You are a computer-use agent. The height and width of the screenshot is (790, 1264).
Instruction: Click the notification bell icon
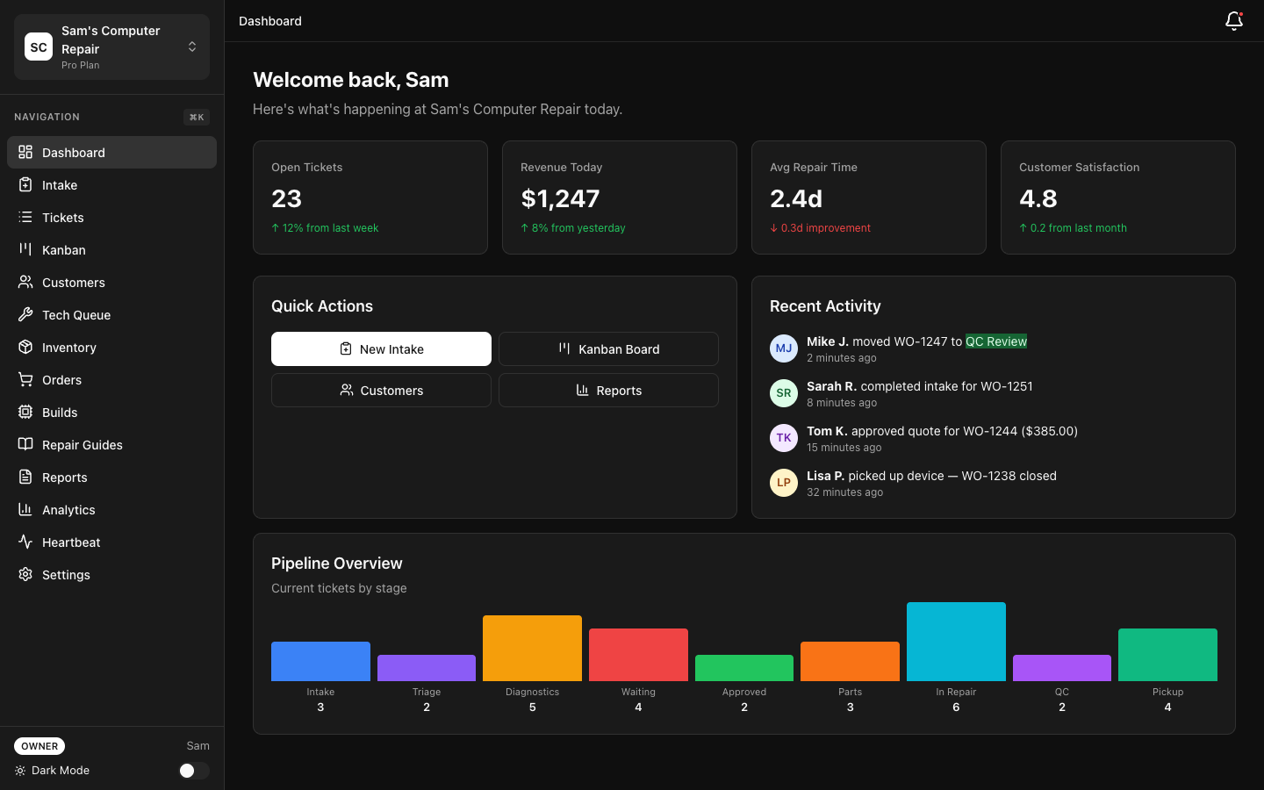(1233, 21)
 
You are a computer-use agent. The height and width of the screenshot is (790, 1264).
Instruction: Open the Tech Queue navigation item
(76, 315)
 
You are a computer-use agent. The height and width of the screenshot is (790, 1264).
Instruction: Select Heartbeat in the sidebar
(71, 542)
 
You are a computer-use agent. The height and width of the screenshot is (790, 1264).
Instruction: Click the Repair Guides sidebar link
(82, 445)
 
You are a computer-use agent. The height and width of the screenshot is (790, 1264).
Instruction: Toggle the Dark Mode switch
(193, 771)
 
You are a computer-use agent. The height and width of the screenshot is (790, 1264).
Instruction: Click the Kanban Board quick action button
(608, 349)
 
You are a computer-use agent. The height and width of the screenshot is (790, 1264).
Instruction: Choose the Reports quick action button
(608, 391)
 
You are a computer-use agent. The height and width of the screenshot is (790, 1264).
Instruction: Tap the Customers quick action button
(381, 391)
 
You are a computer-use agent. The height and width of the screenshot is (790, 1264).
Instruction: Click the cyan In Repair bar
(956, 642)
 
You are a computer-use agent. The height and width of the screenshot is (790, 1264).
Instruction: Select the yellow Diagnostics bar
(532, 648)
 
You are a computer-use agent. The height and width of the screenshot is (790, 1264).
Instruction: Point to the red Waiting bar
(638, 655)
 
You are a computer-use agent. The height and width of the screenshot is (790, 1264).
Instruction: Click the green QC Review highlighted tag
(995, 341)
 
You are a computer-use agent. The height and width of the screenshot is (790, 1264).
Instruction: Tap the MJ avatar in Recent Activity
(783, 348)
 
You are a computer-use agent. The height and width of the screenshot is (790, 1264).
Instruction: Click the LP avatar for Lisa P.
(783, 483)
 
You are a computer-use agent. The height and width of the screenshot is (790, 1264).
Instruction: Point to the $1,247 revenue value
(560, 199)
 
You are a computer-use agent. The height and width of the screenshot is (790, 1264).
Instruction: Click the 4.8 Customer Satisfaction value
(1038, 199)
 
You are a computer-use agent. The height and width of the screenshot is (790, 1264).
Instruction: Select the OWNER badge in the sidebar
(39, 746)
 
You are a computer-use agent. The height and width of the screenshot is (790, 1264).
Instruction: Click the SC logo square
(39, 47)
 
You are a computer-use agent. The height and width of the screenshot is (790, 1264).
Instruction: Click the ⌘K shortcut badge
(197, 118)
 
